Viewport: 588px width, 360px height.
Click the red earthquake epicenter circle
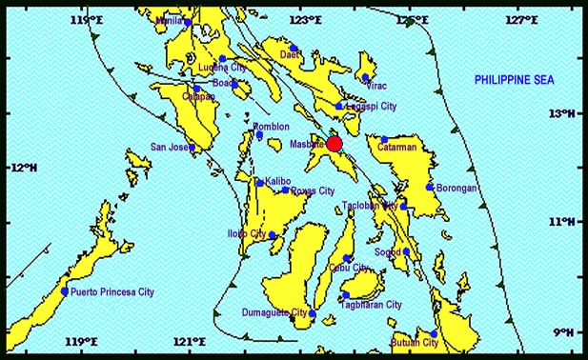[335, 144]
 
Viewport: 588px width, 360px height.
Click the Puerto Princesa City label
[112, 292]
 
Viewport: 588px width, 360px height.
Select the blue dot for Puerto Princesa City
[65, 291]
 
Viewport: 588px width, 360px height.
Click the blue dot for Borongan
[431, 188]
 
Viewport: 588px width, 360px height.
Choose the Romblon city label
[271, 127]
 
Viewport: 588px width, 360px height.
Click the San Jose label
[171, 147]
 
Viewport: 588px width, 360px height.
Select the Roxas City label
[312, 190]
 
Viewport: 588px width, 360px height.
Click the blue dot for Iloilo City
[272, 235]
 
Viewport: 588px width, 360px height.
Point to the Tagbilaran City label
[371, 305]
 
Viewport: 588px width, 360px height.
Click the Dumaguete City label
[275, 312]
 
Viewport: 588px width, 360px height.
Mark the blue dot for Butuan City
[434, 334]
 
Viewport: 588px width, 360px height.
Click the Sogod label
[388, 252]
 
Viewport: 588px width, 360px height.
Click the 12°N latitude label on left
[25, 168]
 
